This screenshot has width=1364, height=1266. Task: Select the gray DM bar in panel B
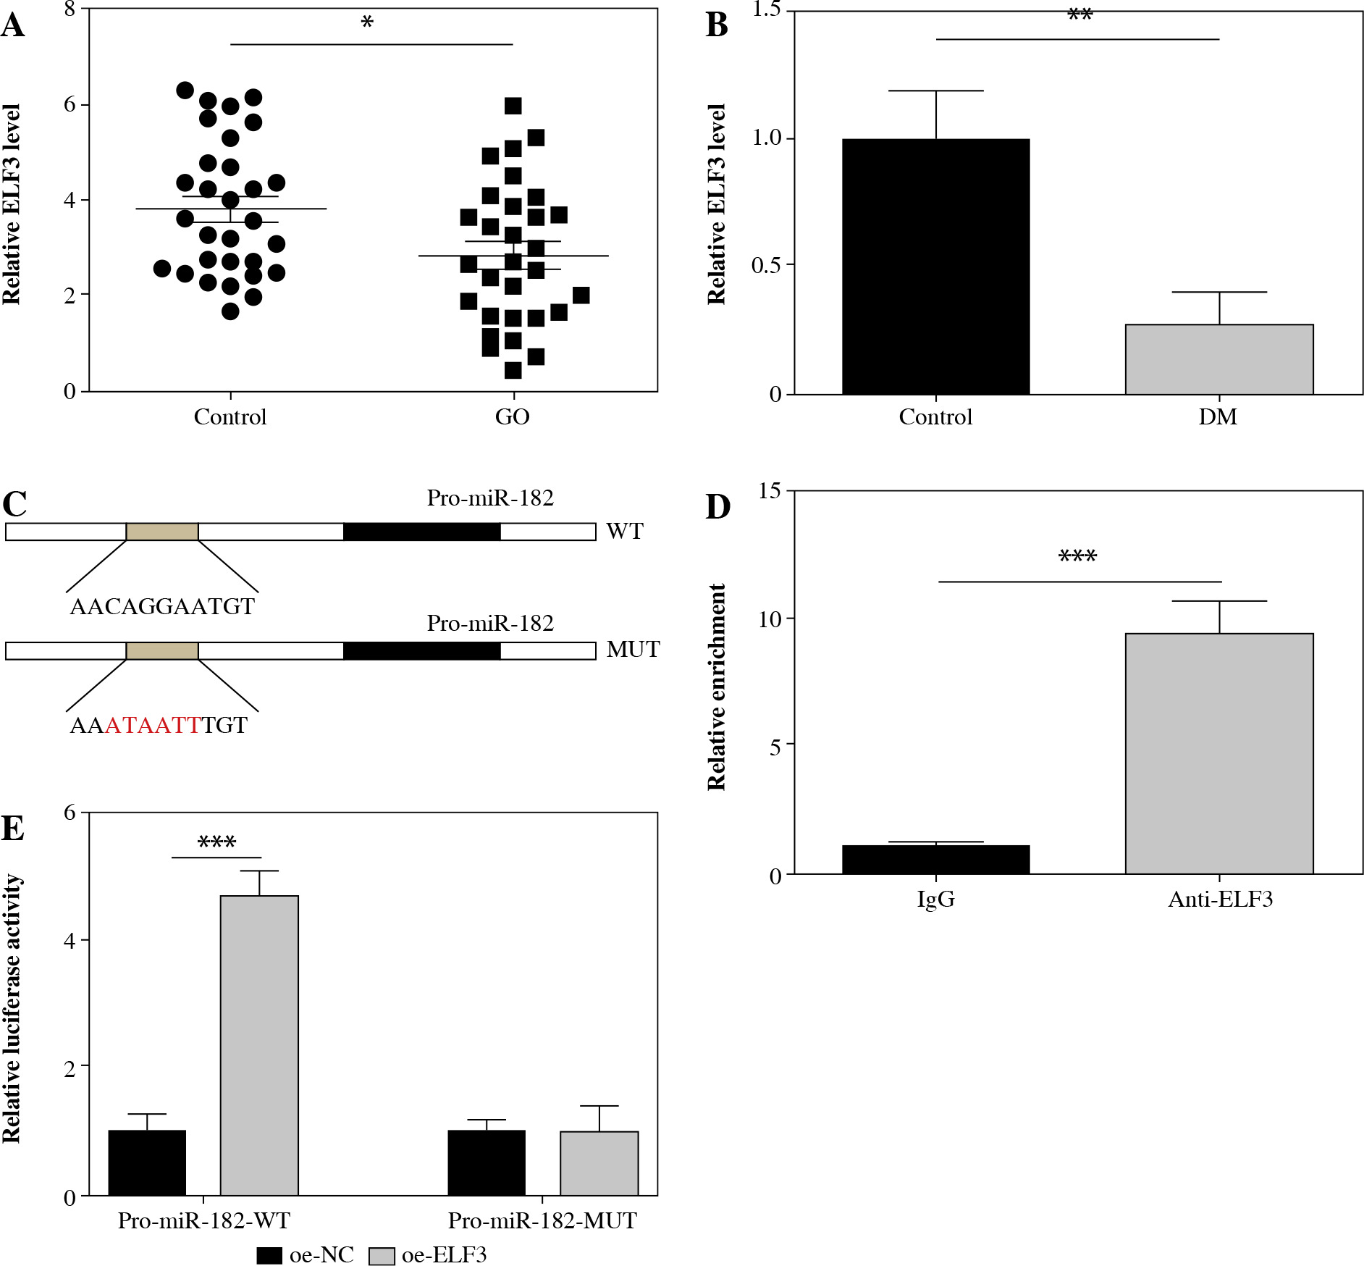[1218, 359]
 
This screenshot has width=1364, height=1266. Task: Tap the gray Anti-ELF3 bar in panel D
[1218, 753]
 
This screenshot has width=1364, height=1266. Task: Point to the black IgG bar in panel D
[935, 860]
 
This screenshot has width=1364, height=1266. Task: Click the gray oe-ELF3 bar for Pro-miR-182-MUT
[599, 1162]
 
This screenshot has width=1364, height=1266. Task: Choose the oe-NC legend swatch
[269, 1255]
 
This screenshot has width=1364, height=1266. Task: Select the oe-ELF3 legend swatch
[382, 1255]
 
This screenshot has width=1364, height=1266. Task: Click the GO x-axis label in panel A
[512, 417]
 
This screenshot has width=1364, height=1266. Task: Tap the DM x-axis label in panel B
[1218, 417]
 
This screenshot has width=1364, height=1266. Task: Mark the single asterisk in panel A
[367, 23]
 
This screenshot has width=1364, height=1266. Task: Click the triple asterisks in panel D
[1077, 556]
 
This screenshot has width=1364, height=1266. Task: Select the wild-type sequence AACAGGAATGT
[162, 607]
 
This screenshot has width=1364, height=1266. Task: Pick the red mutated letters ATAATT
[153, 726]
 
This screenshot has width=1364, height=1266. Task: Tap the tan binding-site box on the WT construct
[162, 532]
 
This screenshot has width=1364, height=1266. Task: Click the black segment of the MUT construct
[421, 650]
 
